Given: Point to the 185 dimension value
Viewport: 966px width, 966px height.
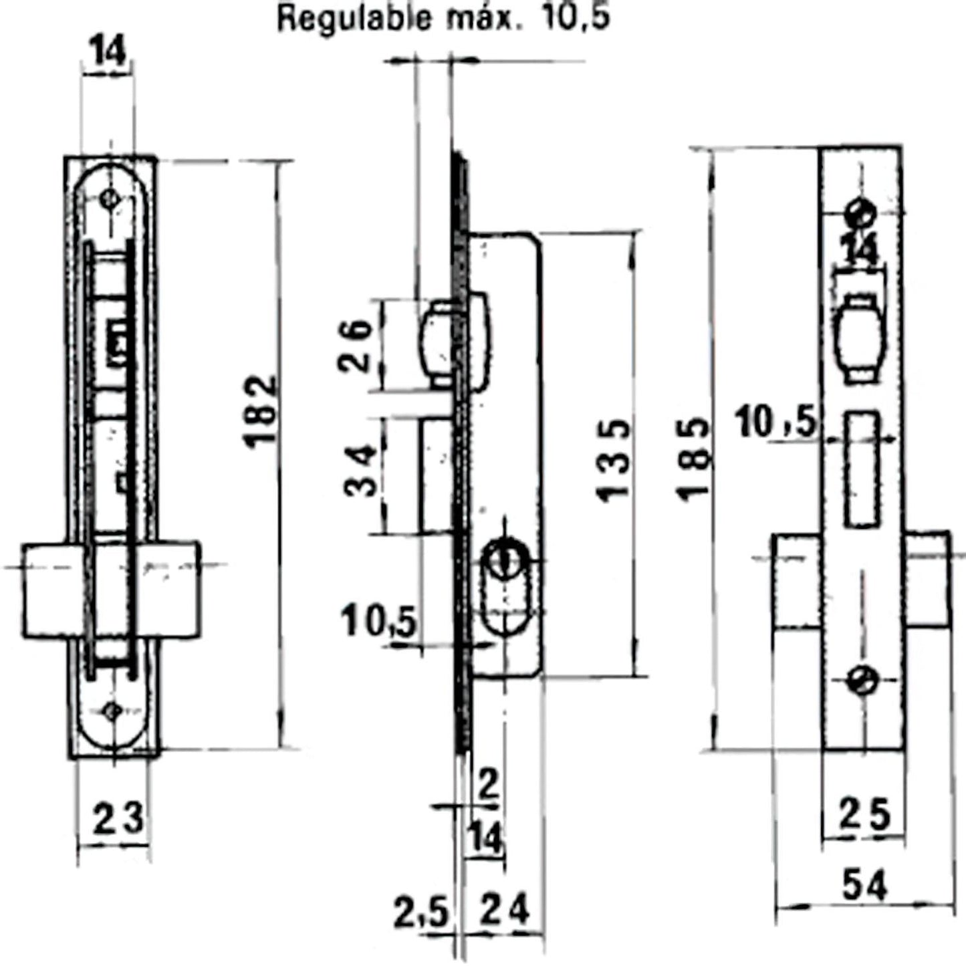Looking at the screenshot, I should click(x=692, y=458).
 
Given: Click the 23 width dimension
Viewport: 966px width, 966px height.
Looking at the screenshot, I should click(x=118, y=818).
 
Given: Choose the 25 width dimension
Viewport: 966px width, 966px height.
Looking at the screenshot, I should click(x=865, y=814).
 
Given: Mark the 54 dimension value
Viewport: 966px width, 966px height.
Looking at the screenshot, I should click(x=864, y=886).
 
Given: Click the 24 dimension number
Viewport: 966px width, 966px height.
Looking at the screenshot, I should click(x=505, y=911).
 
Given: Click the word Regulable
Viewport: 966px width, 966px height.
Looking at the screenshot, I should click(x=354, y=19).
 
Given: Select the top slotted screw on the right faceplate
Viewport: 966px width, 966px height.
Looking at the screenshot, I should click(x=861, y=213).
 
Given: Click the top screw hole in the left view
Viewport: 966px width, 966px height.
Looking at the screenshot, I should click(x=108, y=199).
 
